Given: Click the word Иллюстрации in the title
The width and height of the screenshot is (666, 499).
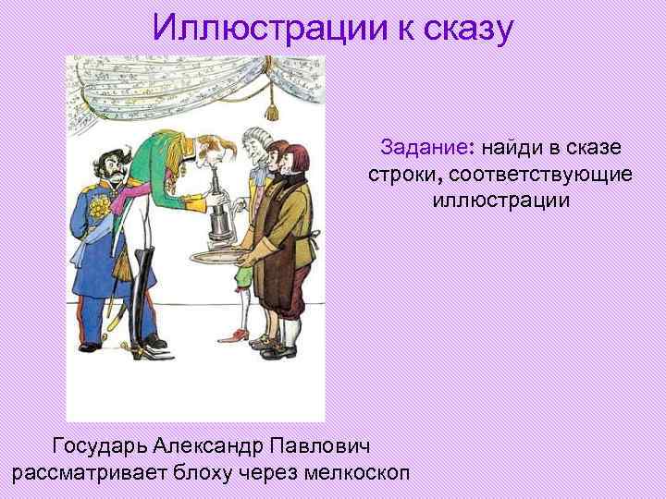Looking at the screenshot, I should (x=265, y=28).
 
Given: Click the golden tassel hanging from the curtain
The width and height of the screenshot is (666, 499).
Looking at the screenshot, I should (x=271, y=108).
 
